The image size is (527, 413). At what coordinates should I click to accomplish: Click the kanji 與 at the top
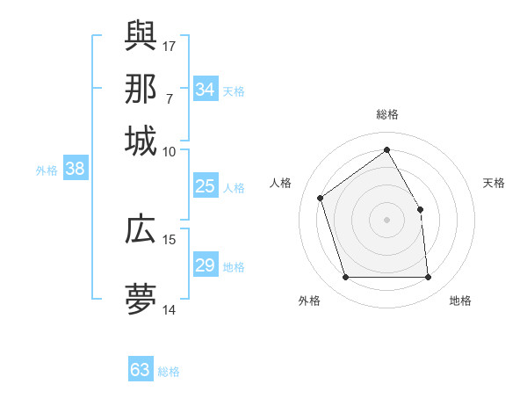pos(141,34)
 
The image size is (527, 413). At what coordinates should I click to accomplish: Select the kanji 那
pos(141,88)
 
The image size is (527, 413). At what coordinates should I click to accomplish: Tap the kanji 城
pos(141,141)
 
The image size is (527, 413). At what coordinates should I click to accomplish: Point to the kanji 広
pos(141,229)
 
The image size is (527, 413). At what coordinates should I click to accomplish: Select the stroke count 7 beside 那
pos(169,98)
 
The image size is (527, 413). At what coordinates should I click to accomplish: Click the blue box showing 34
pos(205,89)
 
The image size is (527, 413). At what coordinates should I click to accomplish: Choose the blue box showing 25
pos(205,186)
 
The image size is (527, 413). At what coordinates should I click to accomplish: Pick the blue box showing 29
pos(205,265)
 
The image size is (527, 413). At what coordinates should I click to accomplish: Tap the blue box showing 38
pos(75,169)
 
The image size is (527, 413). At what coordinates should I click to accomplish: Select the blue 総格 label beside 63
pos(169,372)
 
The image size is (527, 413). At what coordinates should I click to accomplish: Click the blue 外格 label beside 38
pos(47,170)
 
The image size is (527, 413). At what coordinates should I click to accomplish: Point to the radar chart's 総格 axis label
pos(387,114)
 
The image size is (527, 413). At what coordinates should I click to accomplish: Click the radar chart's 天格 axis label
pos(495,183)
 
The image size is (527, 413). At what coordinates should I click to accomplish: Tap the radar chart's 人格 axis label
pos(281,183)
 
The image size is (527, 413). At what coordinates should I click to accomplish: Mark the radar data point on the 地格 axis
pos(429,278)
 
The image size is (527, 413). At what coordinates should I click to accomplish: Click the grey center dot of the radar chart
pos(387,220)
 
